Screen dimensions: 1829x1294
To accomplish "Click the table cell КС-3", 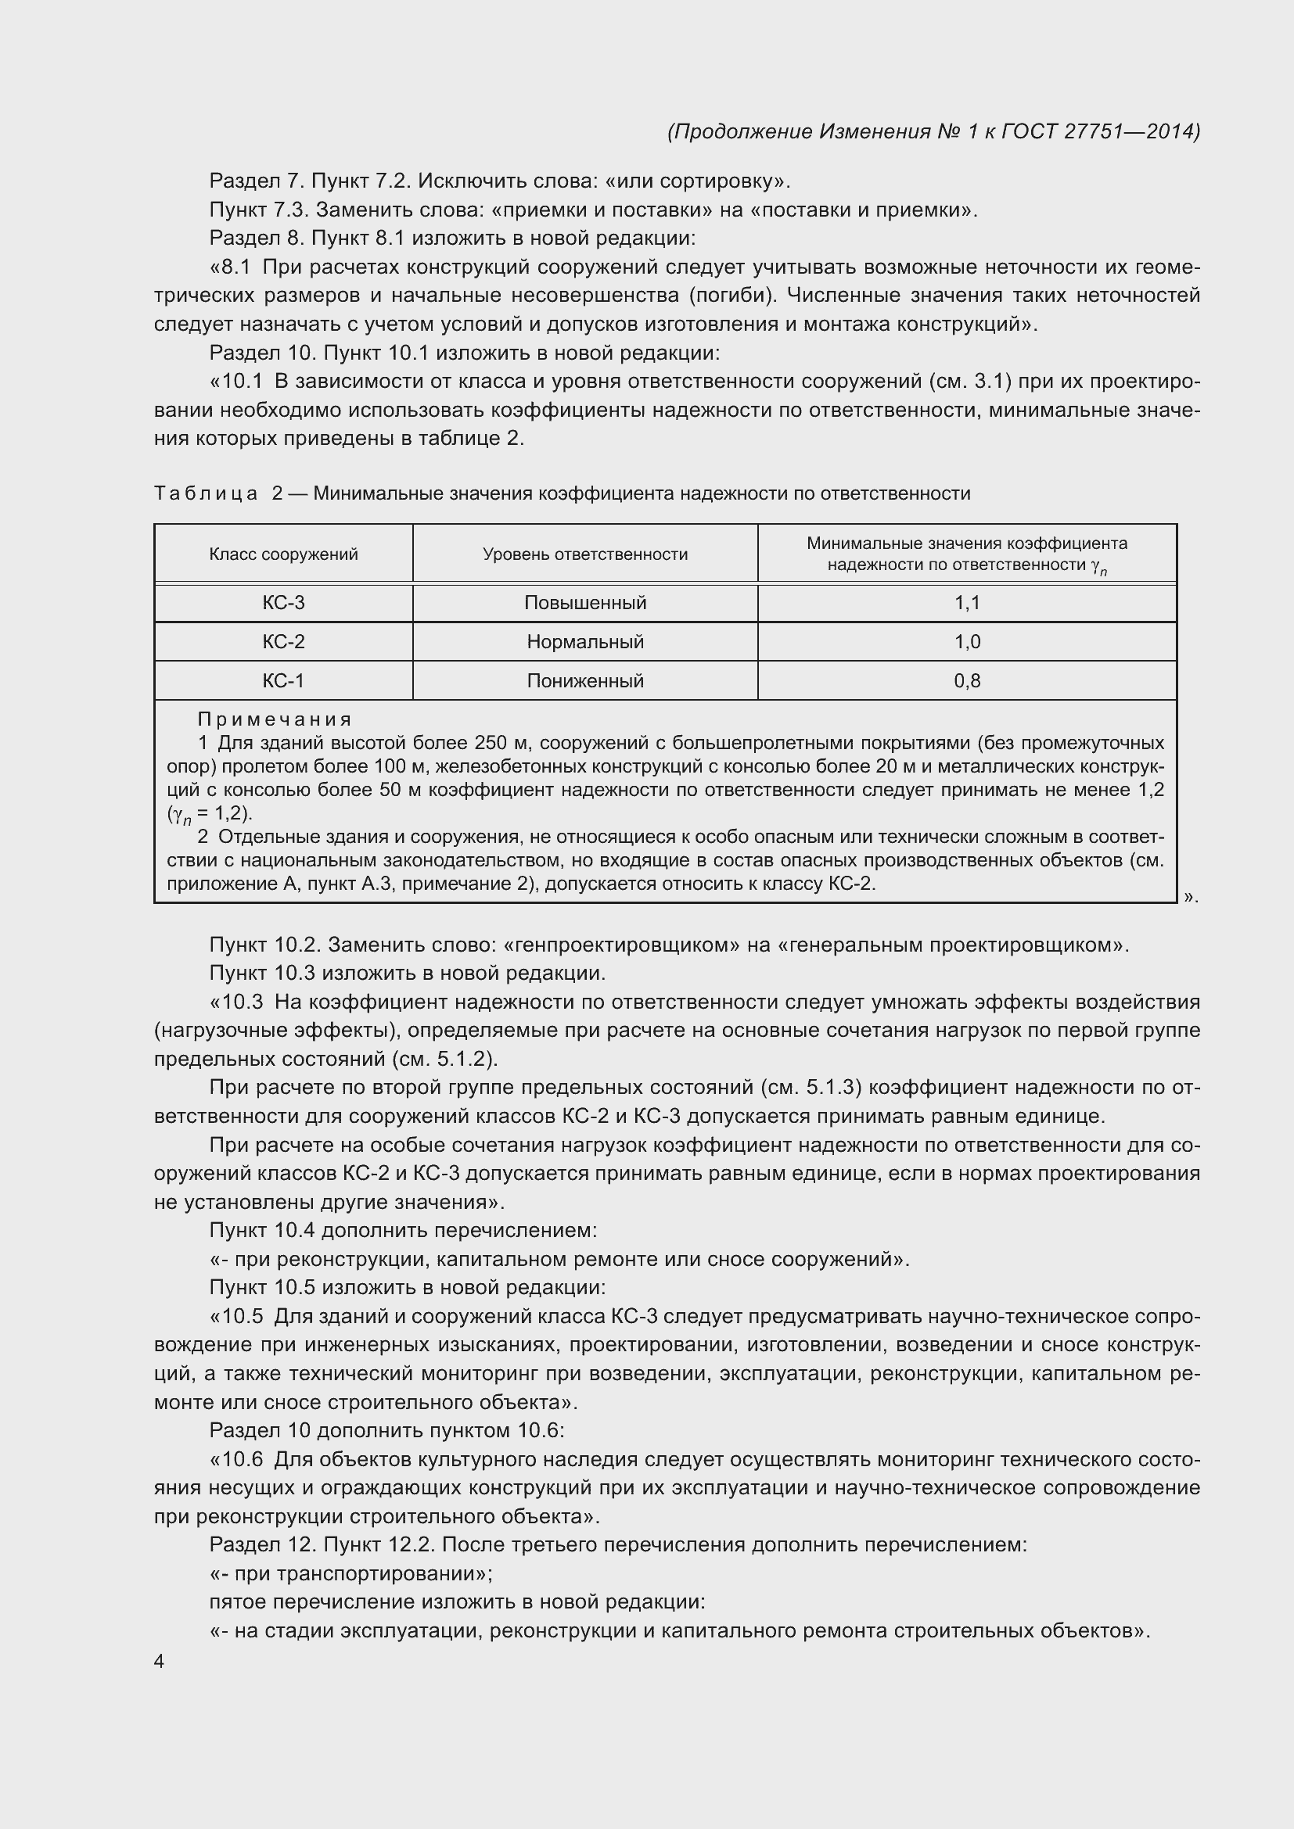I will click(283, 603).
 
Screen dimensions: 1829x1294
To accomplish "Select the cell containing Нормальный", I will click(585, 642).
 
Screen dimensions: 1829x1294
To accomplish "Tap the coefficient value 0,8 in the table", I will click(966, 681).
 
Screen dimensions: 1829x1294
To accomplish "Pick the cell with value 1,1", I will click(966, 603).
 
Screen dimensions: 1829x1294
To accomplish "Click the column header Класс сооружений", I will click(283, 554).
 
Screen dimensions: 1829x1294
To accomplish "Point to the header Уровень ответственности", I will click(585, 554).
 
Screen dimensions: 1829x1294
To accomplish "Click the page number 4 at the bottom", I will click(160, 1662).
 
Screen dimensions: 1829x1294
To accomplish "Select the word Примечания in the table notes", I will click(274, 719).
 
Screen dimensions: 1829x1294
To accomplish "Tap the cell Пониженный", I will click(585, 681).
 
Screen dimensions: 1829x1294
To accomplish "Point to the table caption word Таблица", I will click(206, 494).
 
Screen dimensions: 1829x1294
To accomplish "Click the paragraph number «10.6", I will click(235, 1459).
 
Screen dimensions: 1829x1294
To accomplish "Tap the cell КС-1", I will click(283, 681).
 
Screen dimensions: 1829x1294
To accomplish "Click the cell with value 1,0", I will click(966, 642).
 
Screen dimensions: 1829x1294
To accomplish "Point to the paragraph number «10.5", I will click(235, 1317).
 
